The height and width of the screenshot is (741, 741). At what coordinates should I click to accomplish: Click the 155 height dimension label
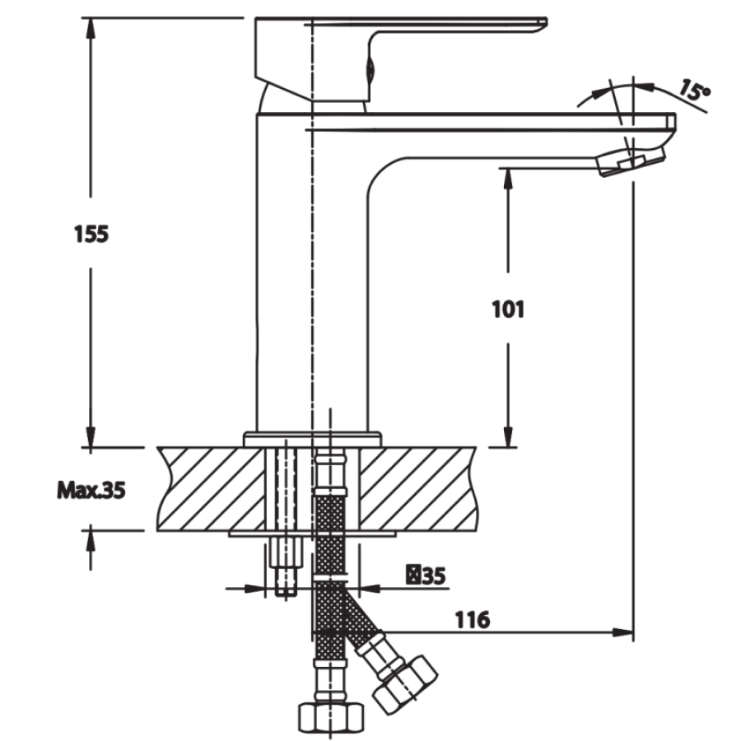pyautogui.click(x=91, y=234)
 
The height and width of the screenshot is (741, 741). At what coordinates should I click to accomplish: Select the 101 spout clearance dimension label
pyautogui.click(x=508, y=310)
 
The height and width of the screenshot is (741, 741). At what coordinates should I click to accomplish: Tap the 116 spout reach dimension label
pyautogui.click(x=473, y=619)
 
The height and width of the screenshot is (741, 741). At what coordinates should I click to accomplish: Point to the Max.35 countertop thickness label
pyautogui.click(x=91, y=491)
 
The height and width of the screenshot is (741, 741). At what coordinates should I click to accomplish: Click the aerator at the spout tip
pyautogui.click(x=631, y=161)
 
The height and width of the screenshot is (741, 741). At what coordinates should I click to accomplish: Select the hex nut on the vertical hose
pyautogui.click(x=331, y=716)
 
